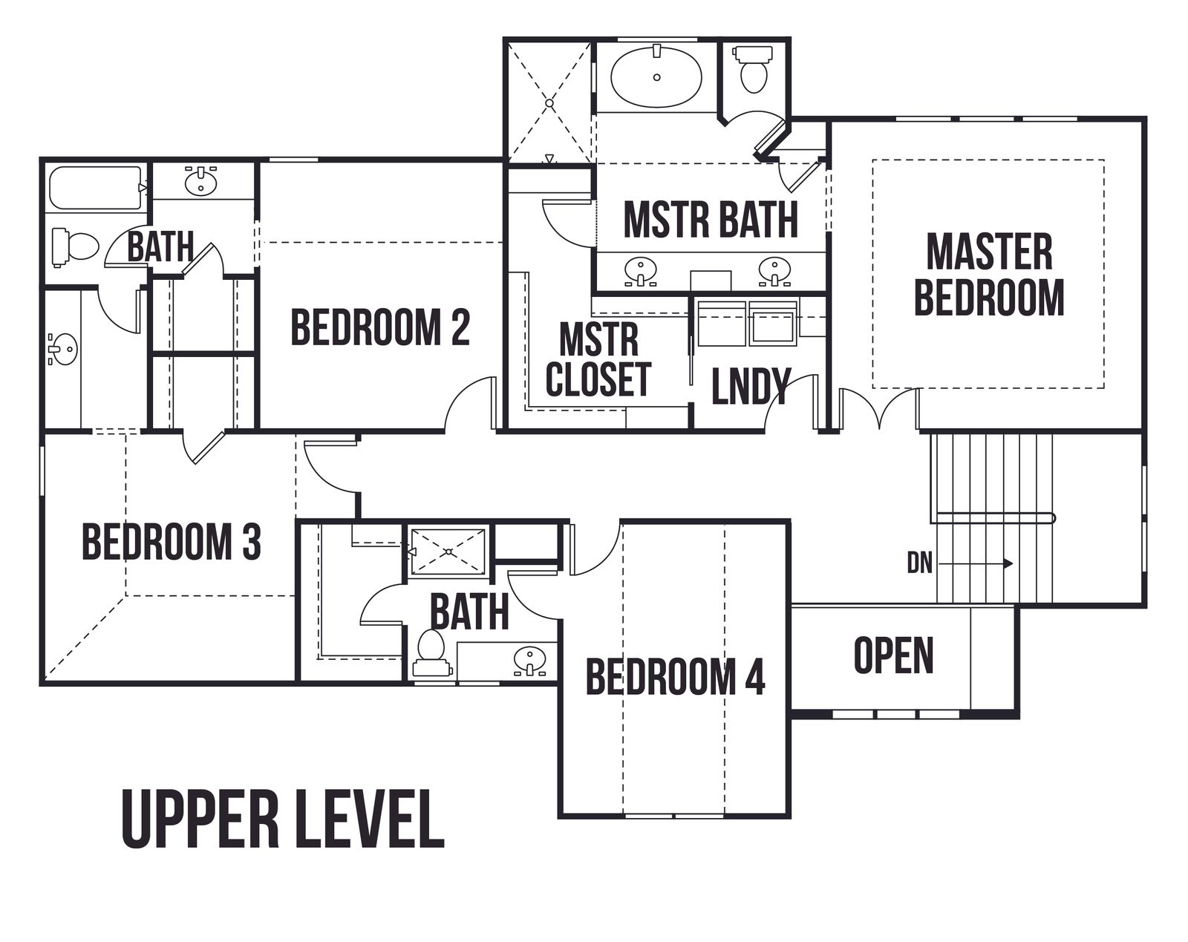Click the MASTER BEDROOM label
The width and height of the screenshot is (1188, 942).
tap(989, 275)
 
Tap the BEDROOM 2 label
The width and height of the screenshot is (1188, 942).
tap(380, 327)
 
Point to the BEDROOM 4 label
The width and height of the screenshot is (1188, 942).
tap(675, 676)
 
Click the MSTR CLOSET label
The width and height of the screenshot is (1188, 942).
tap(598, 360)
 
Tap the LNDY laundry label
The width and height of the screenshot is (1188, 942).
tap(750, 386)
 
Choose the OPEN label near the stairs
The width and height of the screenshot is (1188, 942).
tap(893, 655)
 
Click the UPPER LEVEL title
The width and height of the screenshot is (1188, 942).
tap(283, 820)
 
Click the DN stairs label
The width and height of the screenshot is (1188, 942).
tap(919, 563)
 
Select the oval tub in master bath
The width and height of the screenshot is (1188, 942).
tap(656, 77)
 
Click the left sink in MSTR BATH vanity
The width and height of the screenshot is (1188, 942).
tap(640, 271)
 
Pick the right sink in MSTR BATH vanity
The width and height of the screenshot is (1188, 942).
tap(774, 270)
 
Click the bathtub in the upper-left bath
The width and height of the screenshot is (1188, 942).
tap(95, 188)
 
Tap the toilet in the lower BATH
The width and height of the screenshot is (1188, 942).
tap(431, 653)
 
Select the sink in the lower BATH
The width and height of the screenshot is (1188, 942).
tap(529, 660)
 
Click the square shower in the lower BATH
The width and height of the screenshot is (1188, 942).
tap(448, 551)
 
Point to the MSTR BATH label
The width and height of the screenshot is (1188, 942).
tap(711, 220)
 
